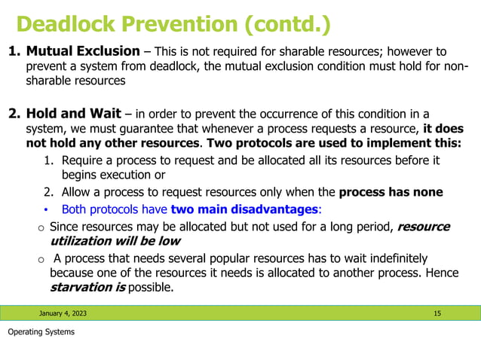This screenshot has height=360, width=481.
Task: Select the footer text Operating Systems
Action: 41,332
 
